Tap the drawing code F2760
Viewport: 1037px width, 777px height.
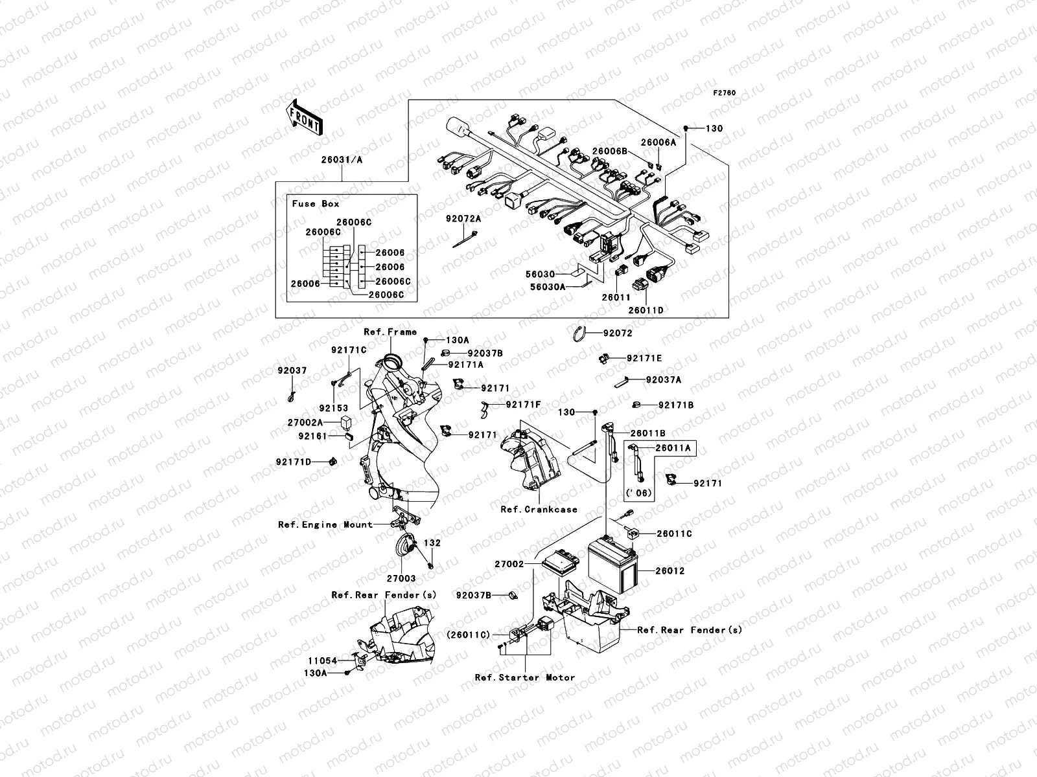click(725, 93)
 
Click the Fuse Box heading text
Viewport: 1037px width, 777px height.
click(315, 204)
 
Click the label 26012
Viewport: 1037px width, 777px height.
click(670, 572)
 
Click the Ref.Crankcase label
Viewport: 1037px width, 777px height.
click(539, 510)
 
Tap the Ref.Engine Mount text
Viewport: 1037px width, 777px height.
click(325, 525)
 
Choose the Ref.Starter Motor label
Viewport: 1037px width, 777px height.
click(525, 677)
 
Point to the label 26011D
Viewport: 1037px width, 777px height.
click(646, 310)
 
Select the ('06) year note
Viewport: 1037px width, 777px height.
click(639, 493)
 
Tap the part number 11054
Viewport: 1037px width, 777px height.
click(322, 661)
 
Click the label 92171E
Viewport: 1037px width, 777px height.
click(644, 358)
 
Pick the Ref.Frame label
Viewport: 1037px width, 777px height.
click(390, 332)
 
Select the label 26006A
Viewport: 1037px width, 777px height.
click(658, 142)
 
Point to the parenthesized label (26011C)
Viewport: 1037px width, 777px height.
click(468, 635)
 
